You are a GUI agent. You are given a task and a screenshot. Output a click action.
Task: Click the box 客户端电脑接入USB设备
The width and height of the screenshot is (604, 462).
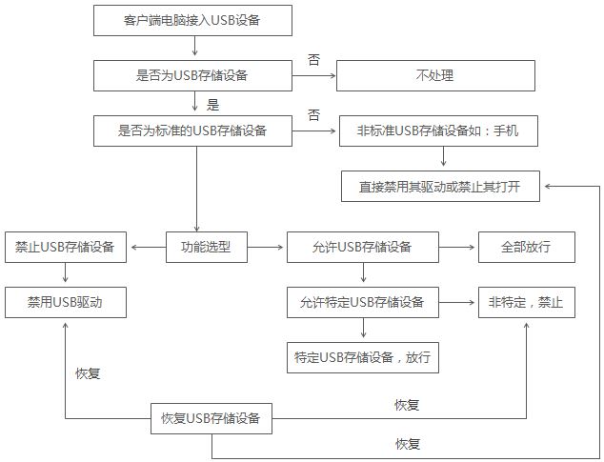[x=192, y=20]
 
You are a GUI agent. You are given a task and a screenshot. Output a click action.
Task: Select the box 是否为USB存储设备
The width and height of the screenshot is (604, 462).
[x=192, y=75]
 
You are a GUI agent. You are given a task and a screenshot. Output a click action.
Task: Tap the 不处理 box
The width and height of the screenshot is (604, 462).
[x=435, y=75]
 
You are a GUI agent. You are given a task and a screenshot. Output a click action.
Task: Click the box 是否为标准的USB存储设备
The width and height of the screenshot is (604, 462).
[x=192, y=131]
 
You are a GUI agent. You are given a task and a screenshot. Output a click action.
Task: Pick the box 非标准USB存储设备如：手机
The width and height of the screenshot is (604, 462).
[x=438, y=131]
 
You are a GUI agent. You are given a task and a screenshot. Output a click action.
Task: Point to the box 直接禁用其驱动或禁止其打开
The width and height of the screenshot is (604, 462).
[x=440, y=186]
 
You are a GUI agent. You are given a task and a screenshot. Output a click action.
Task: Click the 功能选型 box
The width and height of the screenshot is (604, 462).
[x=207, y=247]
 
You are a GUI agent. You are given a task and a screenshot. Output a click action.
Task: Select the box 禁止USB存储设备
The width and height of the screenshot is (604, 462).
[x=66, y=247]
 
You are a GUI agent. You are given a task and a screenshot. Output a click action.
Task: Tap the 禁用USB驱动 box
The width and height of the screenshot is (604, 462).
[x=66, y=302]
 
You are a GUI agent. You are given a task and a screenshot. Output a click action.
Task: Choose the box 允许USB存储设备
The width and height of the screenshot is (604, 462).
[x=363, y=247]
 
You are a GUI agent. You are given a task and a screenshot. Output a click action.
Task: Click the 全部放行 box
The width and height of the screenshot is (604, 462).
[x=527, y=247]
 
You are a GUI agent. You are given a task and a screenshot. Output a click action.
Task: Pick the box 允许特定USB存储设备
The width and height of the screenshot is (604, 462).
[x=363, y=302]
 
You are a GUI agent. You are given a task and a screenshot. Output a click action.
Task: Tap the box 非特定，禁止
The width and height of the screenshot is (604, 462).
[x=527, y=302]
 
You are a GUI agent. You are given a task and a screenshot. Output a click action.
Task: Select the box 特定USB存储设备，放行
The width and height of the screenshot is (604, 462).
[x=363, y=357]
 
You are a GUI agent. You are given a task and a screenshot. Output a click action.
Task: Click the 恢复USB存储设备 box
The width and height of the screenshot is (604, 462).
[x=211, y=418]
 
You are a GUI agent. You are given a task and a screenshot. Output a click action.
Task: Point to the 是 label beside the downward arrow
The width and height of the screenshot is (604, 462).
[x=212, y=105]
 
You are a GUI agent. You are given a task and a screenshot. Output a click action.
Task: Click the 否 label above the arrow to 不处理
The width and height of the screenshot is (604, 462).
[x=313, y=59]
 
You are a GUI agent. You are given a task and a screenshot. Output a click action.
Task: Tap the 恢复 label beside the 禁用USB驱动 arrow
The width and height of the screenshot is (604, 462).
[x=88, y=373]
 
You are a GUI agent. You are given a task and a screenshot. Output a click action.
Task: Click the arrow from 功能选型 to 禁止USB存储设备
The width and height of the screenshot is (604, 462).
[x=149, y=247]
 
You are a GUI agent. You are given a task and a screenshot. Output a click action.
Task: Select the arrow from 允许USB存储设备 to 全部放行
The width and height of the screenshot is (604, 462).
[x=457, y=247]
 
